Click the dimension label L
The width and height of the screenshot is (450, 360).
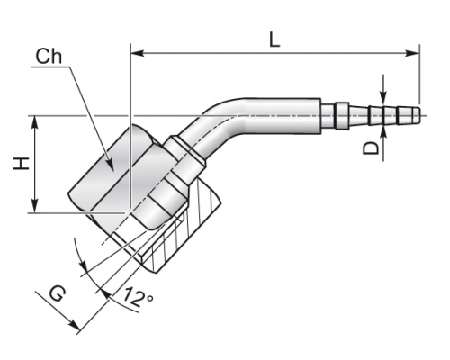pos(274,40)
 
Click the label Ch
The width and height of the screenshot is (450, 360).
pos(49,56)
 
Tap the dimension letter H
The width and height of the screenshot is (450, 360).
pos(22,164)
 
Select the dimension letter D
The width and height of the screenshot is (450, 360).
pos(371,148)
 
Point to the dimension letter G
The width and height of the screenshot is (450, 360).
pos(57,294)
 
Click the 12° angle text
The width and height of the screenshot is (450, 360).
pos(138,296)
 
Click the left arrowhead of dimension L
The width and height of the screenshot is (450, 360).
pos(138,53)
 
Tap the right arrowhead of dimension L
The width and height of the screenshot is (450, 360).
pos(412,53)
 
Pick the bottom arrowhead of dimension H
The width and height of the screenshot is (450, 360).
pos(35,206)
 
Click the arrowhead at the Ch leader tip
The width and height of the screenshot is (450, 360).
pos(110,166)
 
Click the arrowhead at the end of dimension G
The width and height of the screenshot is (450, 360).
pos(74,326)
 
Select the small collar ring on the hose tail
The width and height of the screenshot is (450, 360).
pos(342,116)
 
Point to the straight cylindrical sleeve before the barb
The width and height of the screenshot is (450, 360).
pos(283,115)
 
